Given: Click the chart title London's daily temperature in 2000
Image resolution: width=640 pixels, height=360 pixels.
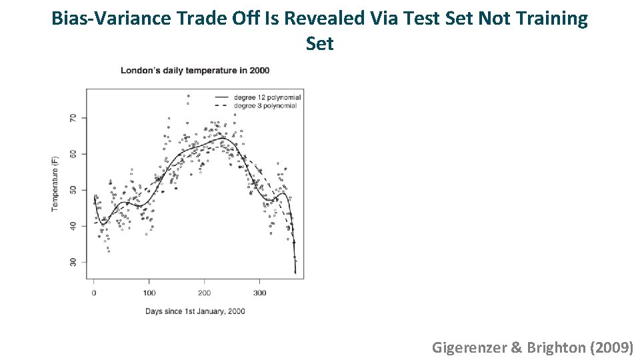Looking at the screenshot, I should click(195, 71).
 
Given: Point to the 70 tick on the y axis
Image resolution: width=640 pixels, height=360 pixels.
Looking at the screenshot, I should click(73, 118).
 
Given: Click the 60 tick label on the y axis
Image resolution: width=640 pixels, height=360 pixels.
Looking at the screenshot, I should click(73, 154).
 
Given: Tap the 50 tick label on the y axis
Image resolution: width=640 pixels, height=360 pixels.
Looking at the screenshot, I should click(73, 190).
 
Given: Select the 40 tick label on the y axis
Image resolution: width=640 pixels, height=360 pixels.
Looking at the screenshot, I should click(73, 226).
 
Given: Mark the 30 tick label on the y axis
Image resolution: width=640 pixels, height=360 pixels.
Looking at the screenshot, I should click(73, 262).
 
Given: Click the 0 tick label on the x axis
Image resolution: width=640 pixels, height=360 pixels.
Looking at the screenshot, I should click(94, 293).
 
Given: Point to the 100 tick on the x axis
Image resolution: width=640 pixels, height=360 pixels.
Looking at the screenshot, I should click(149, 293).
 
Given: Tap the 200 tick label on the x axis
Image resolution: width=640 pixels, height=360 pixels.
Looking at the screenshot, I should click(205, 293).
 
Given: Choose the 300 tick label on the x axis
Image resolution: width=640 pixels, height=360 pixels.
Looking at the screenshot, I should click(260, 293).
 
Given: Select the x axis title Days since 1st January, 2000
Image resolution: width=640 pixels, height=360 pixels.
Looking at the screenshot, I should click(195, 311).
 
